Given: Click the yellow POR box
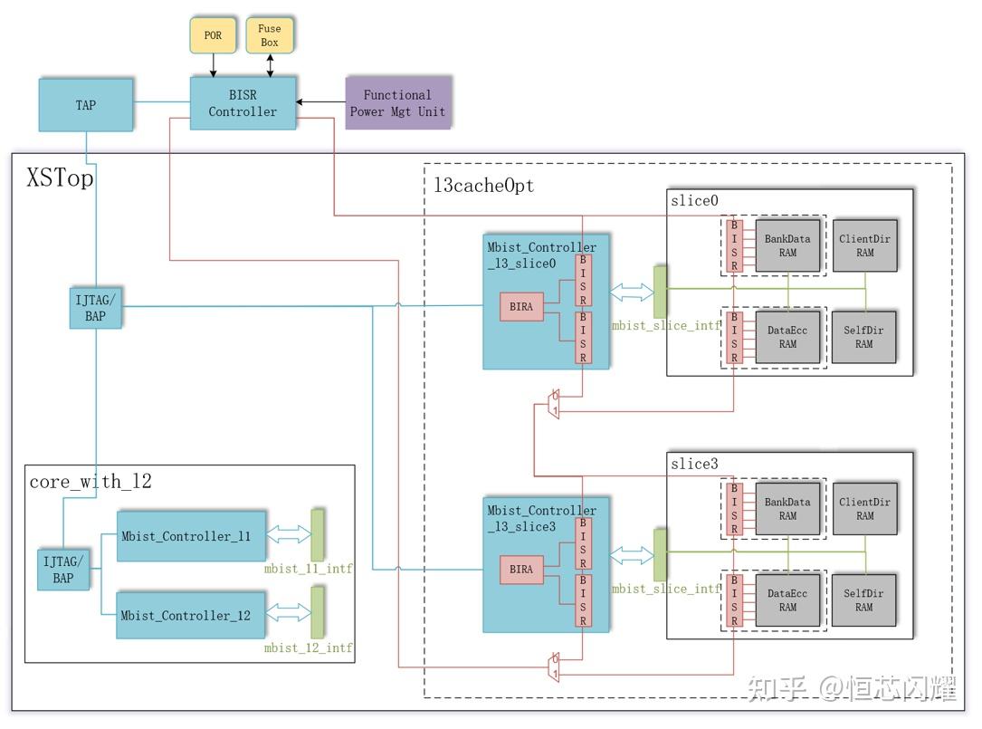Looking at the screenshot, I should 213,35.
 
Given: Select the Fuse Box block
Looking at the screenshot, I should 270,35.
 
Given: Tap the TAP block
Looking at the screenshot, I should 86,105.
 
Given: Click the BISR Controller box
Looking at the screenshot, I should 243,103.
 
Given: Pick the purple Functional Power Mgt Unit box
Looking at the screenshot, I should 397,103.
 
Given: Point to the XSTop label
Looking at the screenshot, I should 60,178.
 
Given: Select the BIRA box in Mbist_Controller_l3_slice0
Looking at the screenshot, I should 521,307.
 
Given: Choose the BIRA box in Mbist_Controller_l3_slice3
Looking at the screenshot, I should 521,570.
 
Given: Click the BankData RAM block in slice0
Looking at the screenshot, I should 787,246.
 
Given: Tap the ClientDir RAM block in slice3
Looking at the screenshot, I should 864,509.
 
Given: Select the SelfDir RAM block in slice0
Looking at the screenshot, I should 864,337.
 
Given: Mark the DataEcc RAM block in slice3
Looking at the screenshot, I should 787,600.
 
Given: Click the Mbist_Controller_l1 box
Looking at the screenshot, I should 186,536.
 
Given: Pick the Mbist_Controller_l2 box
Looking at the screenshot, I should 186,615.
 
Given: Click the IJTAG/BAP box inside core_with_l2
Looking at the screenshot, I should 63,569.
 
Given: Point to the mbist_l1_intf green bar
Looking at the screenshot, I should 317,535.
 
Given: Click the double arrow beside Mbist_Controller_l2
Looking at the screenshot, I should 288,613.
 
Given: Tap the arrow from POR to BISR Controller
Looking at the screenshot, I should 213,64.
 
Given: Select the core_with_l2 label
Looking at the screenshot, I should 90,481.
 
